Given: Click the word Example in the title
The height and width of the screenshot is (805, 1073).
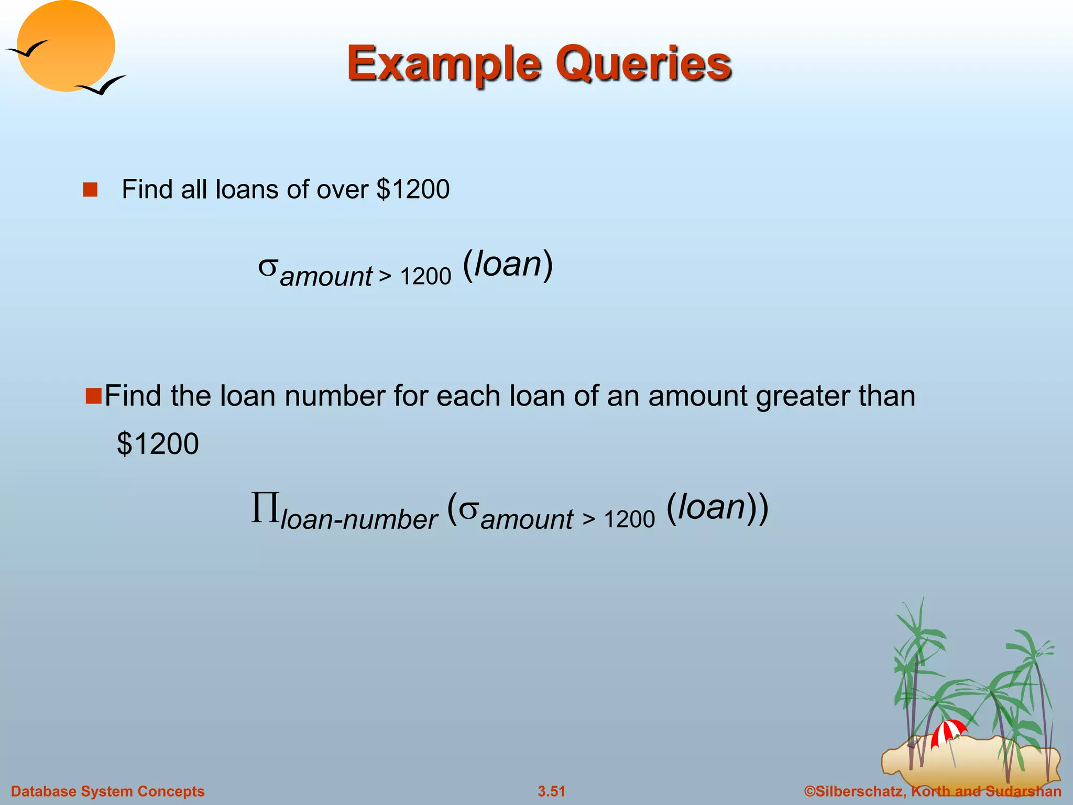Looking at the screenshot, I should click(x=443, y=64).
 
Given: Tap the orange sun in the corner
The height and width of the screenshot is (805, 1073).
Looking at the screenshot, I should click(x=65, y=46).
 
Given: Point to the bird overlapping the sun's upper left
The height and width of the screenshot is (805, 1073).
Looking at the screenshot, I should click(x=27, y=49).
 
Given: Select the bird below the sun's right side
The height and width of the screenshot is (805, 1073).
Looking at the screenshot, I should click(x=101, y=85).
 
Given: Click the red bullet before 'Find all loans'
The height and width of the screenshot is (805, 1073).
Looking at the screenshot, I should click(x=90, y=190).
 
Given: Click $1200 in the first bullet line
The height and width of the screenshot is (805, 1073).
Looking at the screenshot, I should click(x=413, y=189).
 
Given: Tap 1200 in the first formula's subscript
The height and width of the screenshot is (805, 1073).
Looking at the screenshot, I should click(x=425, y=276).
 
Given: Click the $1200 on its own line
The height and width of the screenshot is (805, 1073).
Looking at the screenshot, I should click(x=158, y=444).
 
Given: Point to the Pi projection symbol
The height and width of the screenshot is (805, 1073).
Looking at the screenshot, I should click(x=265, y=507).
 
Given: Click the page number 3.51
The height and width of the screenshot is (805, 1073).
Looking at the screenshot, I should click(x=551, y=791).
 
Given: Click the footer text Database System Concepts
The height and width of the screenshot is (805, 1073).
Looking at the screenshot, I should click(x=108, y=791).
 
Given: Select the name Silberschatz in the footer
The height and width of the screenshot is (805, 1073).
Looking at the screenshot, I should click(x=858, y=791).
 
